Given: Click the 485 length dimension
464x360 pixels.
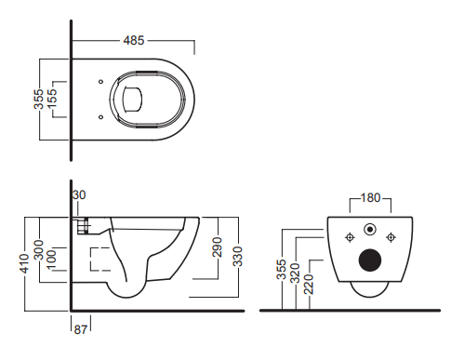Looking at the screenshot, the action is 134,40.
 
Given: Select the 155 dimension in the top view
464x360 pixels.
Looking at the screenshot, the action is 52,98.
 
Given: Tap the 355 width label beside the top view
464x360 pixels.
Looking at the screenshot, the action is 39,100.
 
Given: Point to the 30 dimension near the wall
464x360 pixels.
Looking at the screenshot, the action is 79,195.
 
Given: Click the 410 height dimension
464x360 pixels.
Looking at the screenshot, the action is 24,263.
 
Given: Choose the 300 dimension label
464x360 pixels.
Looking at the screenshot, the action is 39,249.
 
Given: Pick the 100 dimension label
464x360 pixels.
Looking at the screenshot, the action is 51,259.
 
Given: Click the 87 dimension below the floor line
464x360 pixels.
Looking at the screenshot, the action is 81,329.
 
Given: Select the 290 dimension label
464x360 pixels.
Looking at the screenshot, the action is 218,247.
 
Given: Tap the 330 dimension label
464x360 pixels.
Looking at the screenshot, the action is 238,257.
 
